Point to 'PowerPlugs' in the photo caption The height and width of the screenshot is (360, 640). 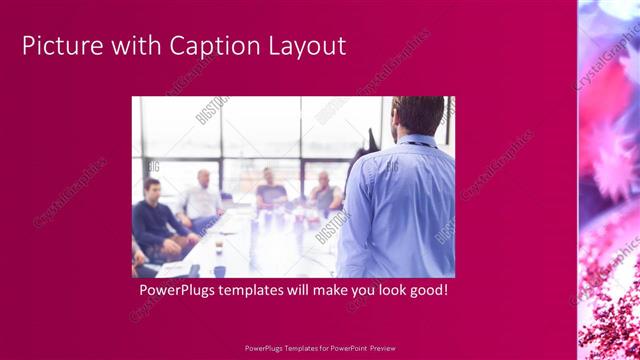[176, 291]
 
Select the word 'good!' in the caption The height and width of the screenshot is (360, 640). [424, 291]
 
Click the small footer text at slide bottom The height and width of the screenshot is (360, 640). [320, 349]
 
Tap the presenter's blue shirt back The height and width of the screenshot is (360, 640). [400, 210]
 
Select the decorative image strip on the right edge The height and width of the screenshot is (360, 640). [608, 180]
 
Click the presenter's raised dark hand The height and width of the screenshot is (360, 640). [373, 140]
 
